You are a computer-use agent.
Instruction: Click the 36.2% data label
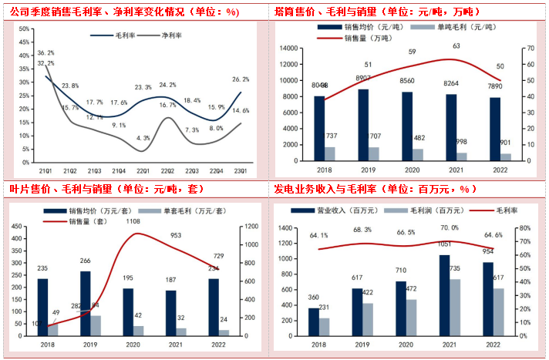point(45,53)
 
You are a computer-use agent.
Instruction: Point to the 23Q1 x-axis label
point(242,170)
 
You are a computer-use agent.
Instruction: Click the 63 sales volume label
point(457,46)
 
